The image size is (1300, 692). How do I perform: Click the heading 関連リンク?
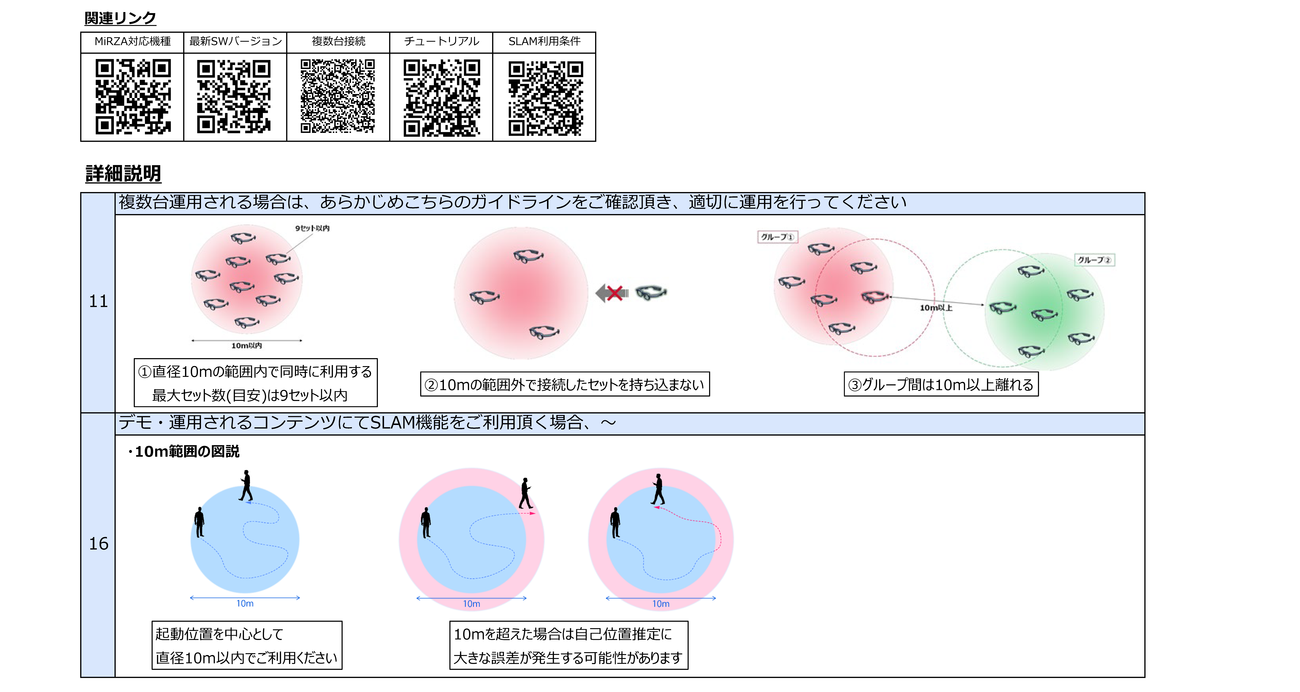click(x=120, y=18)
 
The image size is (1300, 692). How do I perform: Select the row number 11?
click(x=98, y=301)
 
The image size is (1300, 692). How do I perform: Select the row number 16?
click(x=98, y=544)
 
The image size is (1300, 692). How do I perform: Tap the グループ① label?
click(x=777, y=237)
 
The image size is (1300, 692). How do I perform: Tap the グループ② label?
click(x=1094, y=260)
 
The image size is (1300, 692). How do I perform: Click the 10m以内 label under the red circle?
click(x=246, y=346)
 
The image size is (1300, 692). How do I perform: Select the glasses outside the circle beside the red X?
click(x=651, y=292)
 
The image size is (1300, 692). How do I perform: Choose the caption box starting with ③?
click(x=941, y=385)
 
